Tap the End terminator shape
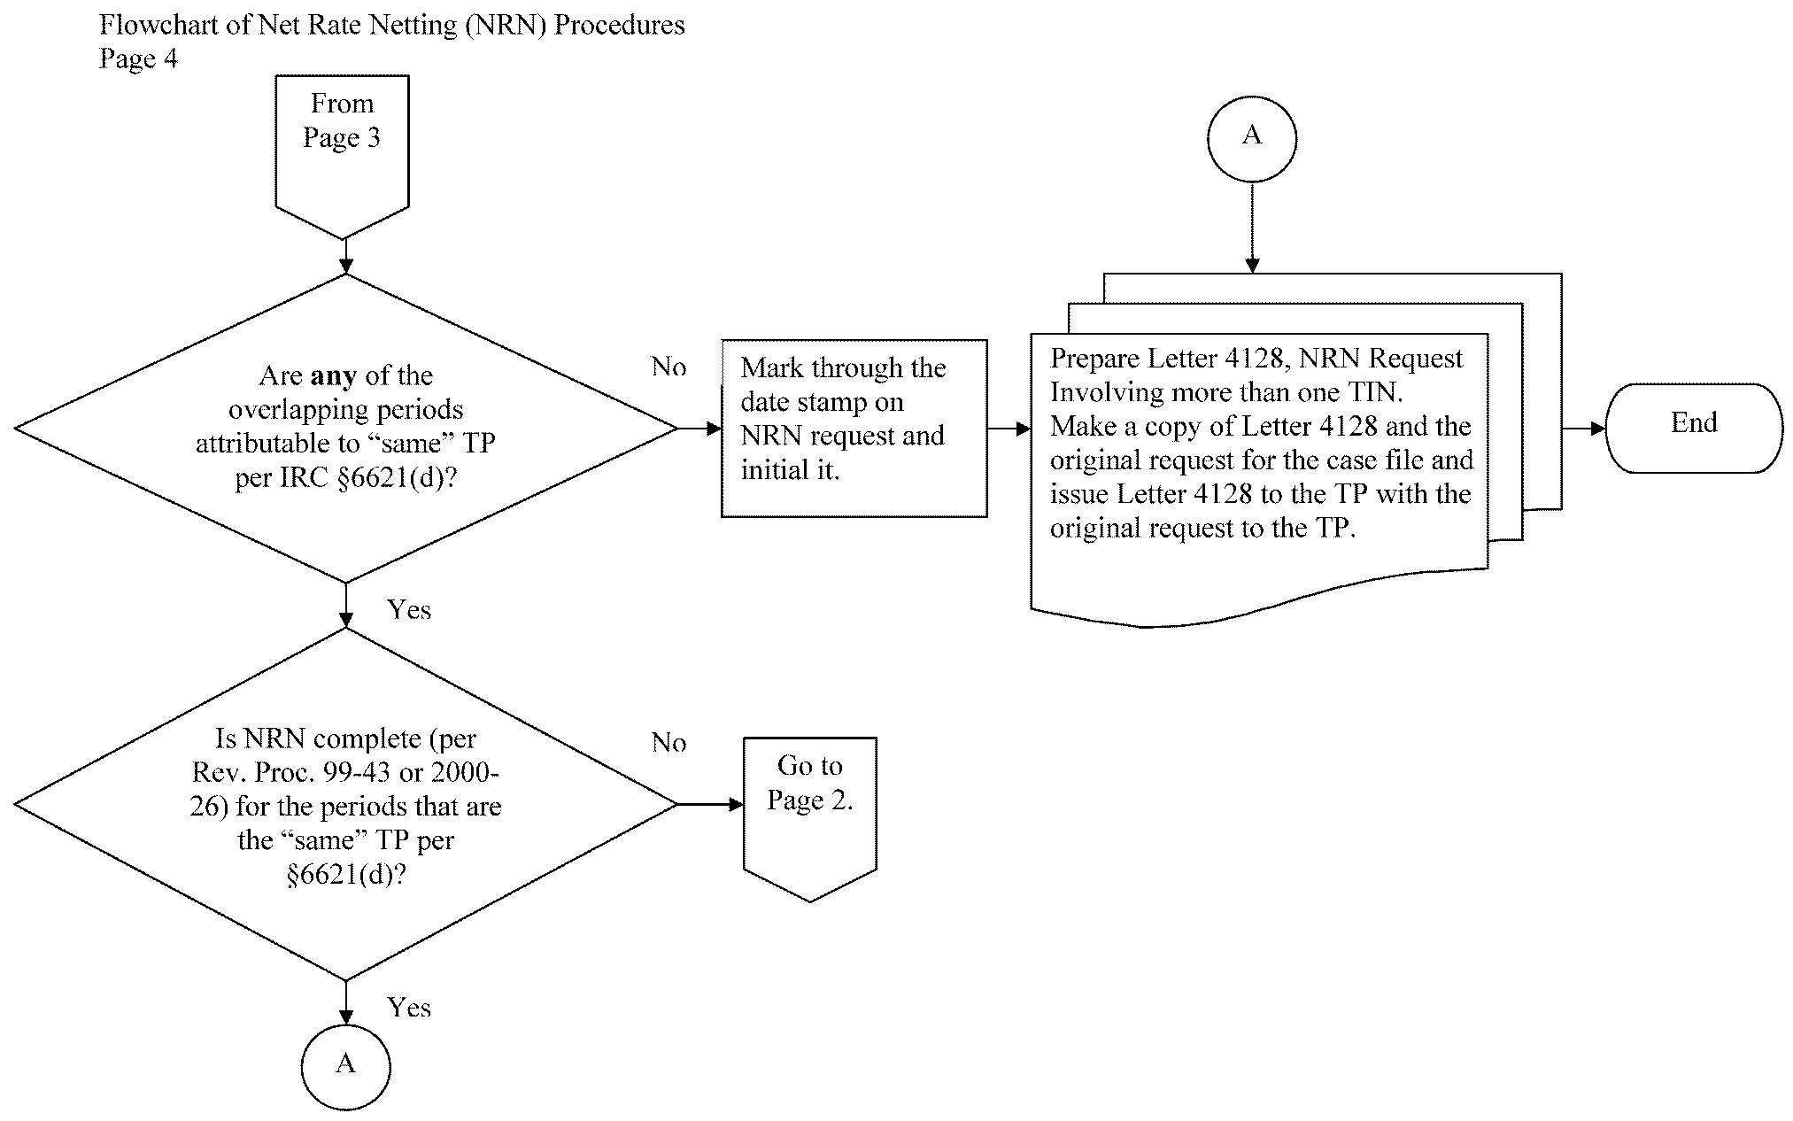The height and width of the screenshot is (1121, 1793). click(1693, 428)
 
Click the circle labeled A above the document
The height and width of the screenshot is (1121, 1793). click(1251, 139)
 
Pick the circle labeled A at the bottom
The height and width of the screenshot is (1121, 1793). click(345, 1065)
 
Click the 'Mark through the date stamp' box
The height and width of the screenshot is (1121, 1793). click(854, 428)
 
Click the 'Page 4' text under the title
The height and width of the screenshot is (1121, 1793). click(138, 58)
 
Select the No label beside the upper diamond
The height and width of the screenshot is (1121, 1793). click(669, 367)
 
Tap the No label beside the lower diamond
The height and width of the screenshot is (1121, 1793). click(669, 743)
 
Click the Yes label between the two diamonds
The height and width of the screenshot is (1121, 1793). click(409, 610)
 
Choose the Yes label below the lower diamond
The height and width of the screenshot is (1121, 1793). click(409, 1008)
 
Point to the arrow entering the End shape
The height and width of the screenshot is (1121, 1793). click(1584, 429)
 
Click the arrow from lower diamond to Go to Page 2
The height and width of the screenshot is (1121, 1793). click(711, 804)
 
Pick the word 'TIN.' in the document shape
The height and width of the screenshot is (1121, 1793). click(1374, 392)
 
